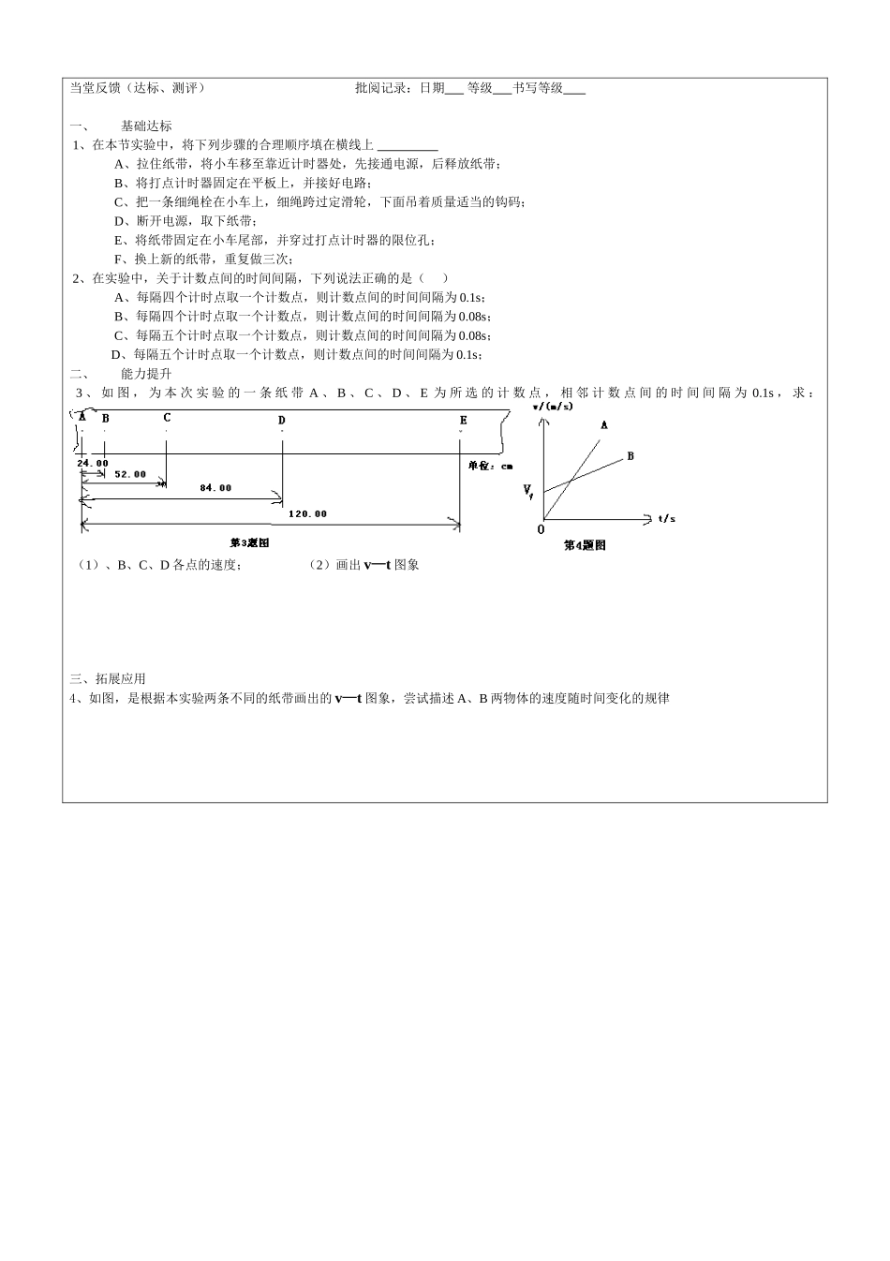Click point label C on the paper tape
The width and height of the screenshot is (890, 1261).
[167, 418]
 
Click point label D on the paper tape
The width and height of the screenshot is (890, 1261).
[281, 421]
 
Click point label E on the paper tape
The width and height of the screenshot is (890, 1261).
[463, 421]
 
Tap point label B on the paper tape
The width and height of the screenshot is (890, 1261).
[105, 418]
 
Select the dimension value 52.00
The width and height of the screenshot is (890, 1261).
[130, 474]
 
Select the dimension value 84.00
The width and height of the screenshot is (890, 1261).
[215, 488]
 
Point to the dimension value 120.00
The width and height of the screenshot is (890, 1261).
[307, 513]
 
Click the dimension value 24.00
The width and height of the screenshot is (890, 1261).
[93, 463]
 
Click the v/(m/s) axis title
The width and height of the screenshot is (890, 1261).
[552, 407]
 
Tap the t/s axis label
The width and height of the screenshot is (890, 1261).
[667, 517]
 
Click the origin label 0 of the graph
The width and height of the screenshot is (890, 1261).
[541, 530]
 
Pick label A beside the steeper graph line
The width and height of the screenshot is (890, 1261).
[604, 424]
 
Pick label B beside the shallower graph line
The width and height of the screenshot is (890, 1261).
[630, 455]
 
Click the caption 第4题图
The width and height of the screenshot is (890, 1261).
[585, 545]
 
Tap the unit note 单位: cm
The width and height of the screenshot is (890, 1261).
[491, 465]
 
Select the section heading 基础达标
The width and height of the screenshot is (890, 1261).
[147, 126]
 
